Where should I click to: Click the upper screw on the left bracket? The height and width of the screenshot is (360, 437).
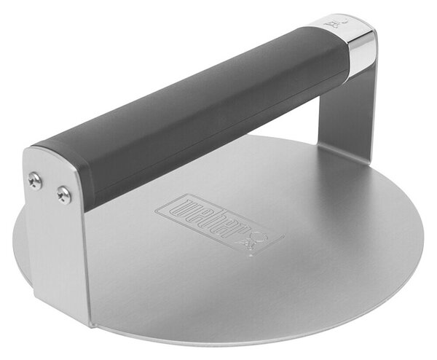click(x=35, y=181)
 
